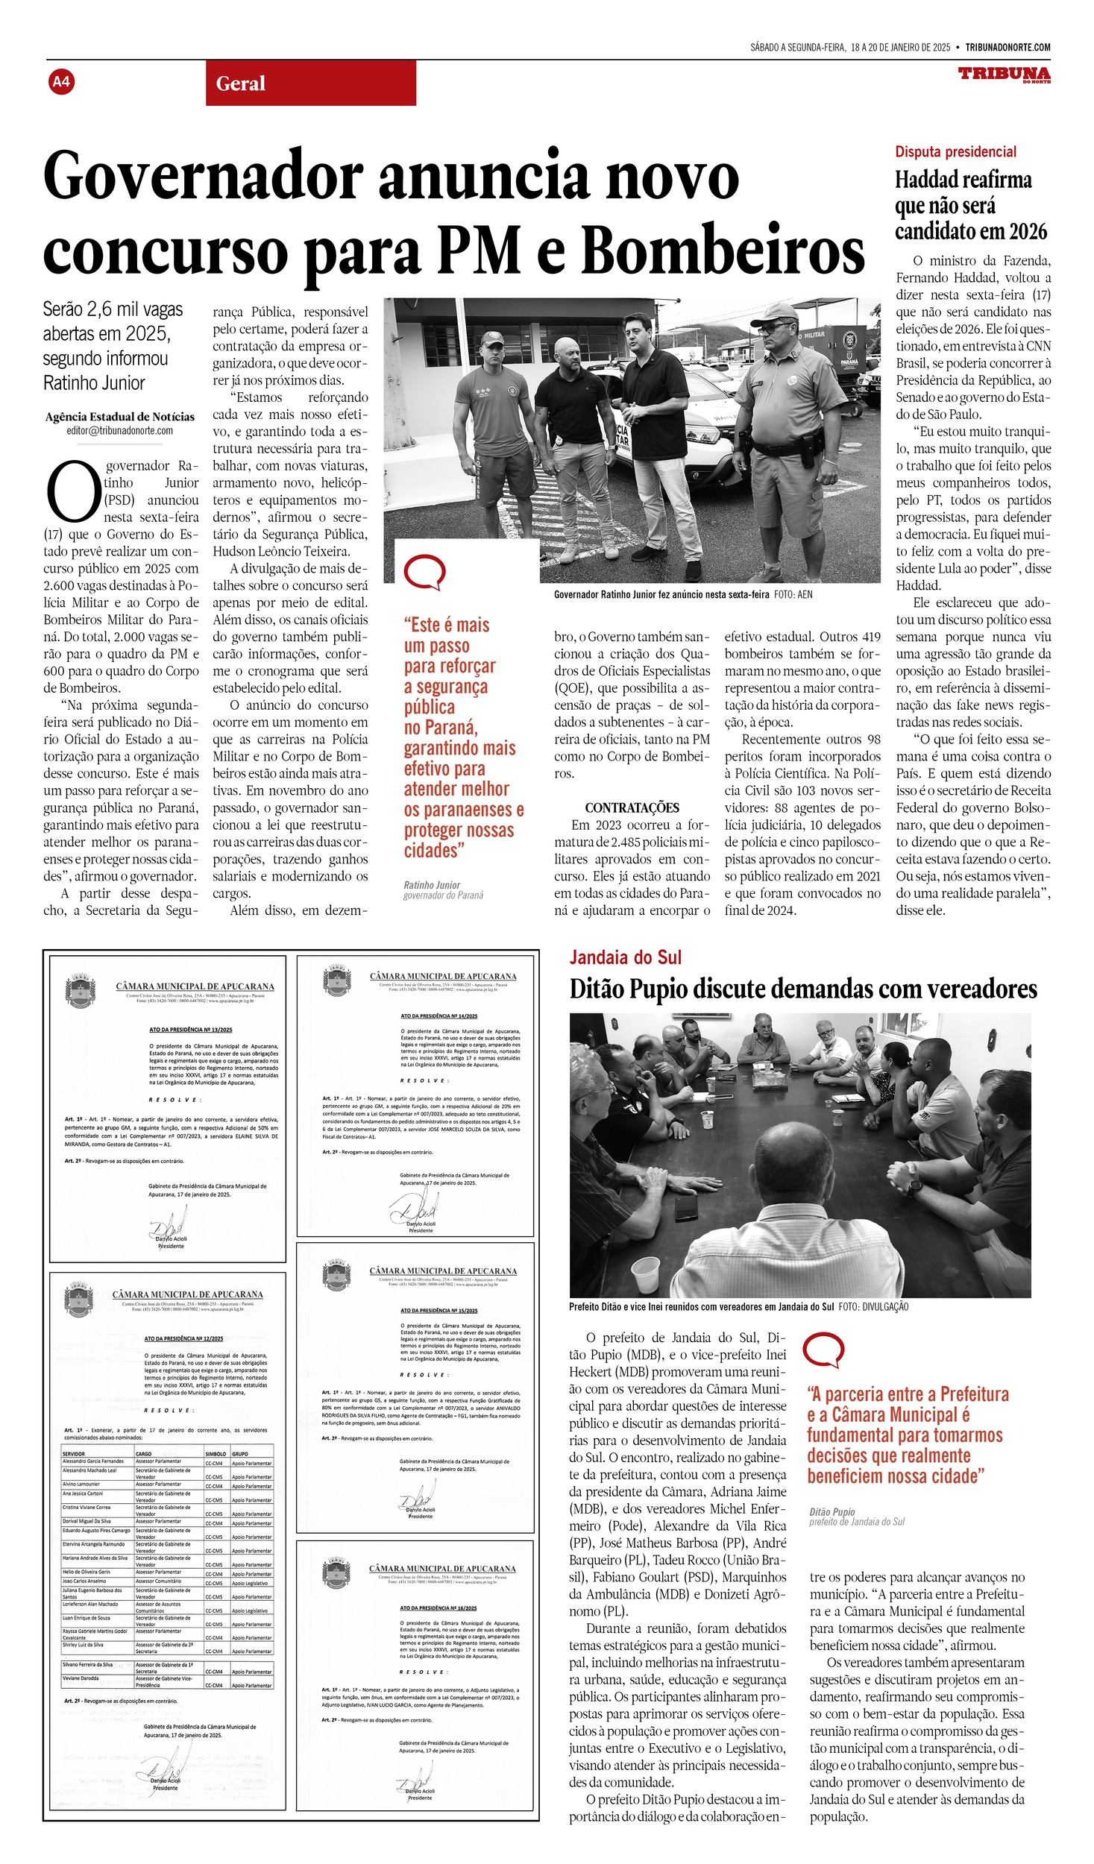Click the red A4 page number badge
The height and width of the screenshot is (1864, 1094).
[x=61, y=81]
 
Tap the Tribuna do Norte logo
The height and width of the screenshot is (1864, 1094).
[x=1004, y=74]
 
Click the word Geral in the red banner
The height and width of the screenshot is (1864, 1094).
[x=240, y=84]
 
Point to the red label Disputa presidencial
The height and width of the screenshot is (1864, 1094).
[x=955, y=152]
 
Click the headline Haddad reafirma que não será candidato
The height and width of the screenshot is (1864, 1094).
[x=970, y=206]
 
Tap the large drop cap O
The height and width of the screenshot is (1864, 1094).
[x=72, y=492]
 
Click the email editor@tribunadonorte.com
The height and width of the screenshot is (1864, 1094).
[x=119, y=430]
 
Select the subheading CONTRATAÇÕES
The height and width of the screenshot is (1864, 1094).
[x=632, y=807]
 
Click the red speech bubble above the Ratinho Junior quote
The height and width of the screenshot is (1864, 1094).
[x=424, y=573]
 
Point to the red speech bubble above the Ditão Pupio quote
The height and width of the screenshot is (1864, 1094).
[x=823, y=1350]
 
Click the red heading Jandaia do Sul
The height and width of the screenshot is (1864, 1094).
[x=625, y=958]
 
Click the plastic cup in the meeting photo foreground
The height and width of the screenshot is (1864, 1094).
[x=645, y=1275]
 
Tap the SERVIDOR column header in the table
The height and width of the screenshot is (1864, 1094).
[x=74, y=1454]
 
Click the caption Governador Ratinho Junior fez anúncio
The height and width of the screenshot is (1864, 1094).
[x=661, y=594]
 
